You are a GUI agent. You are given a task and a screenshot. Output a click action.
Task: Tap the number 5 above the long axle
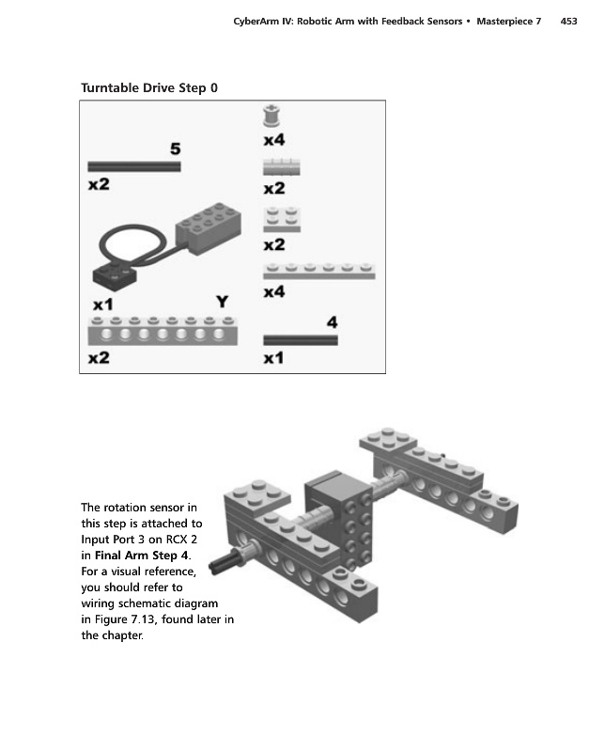175,149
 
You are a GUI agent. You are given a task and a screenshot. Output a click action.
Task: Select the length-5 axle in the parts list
133,166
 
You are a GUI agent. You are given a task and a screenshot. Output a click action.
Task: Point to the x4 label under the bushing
273,140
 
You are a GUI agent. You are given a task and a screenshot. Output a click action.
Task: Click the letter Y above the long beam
223,302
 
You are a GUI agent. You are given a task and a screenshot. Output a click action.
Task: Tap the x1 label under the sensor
102,305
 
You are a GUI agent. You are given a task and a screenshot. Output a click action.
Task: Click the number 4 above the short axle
331,322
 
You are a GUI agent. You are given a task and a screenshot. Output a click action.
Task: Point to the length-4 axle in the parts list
300,340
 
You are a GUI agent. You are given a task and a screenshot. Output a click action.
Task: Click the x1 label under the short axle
273,358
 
